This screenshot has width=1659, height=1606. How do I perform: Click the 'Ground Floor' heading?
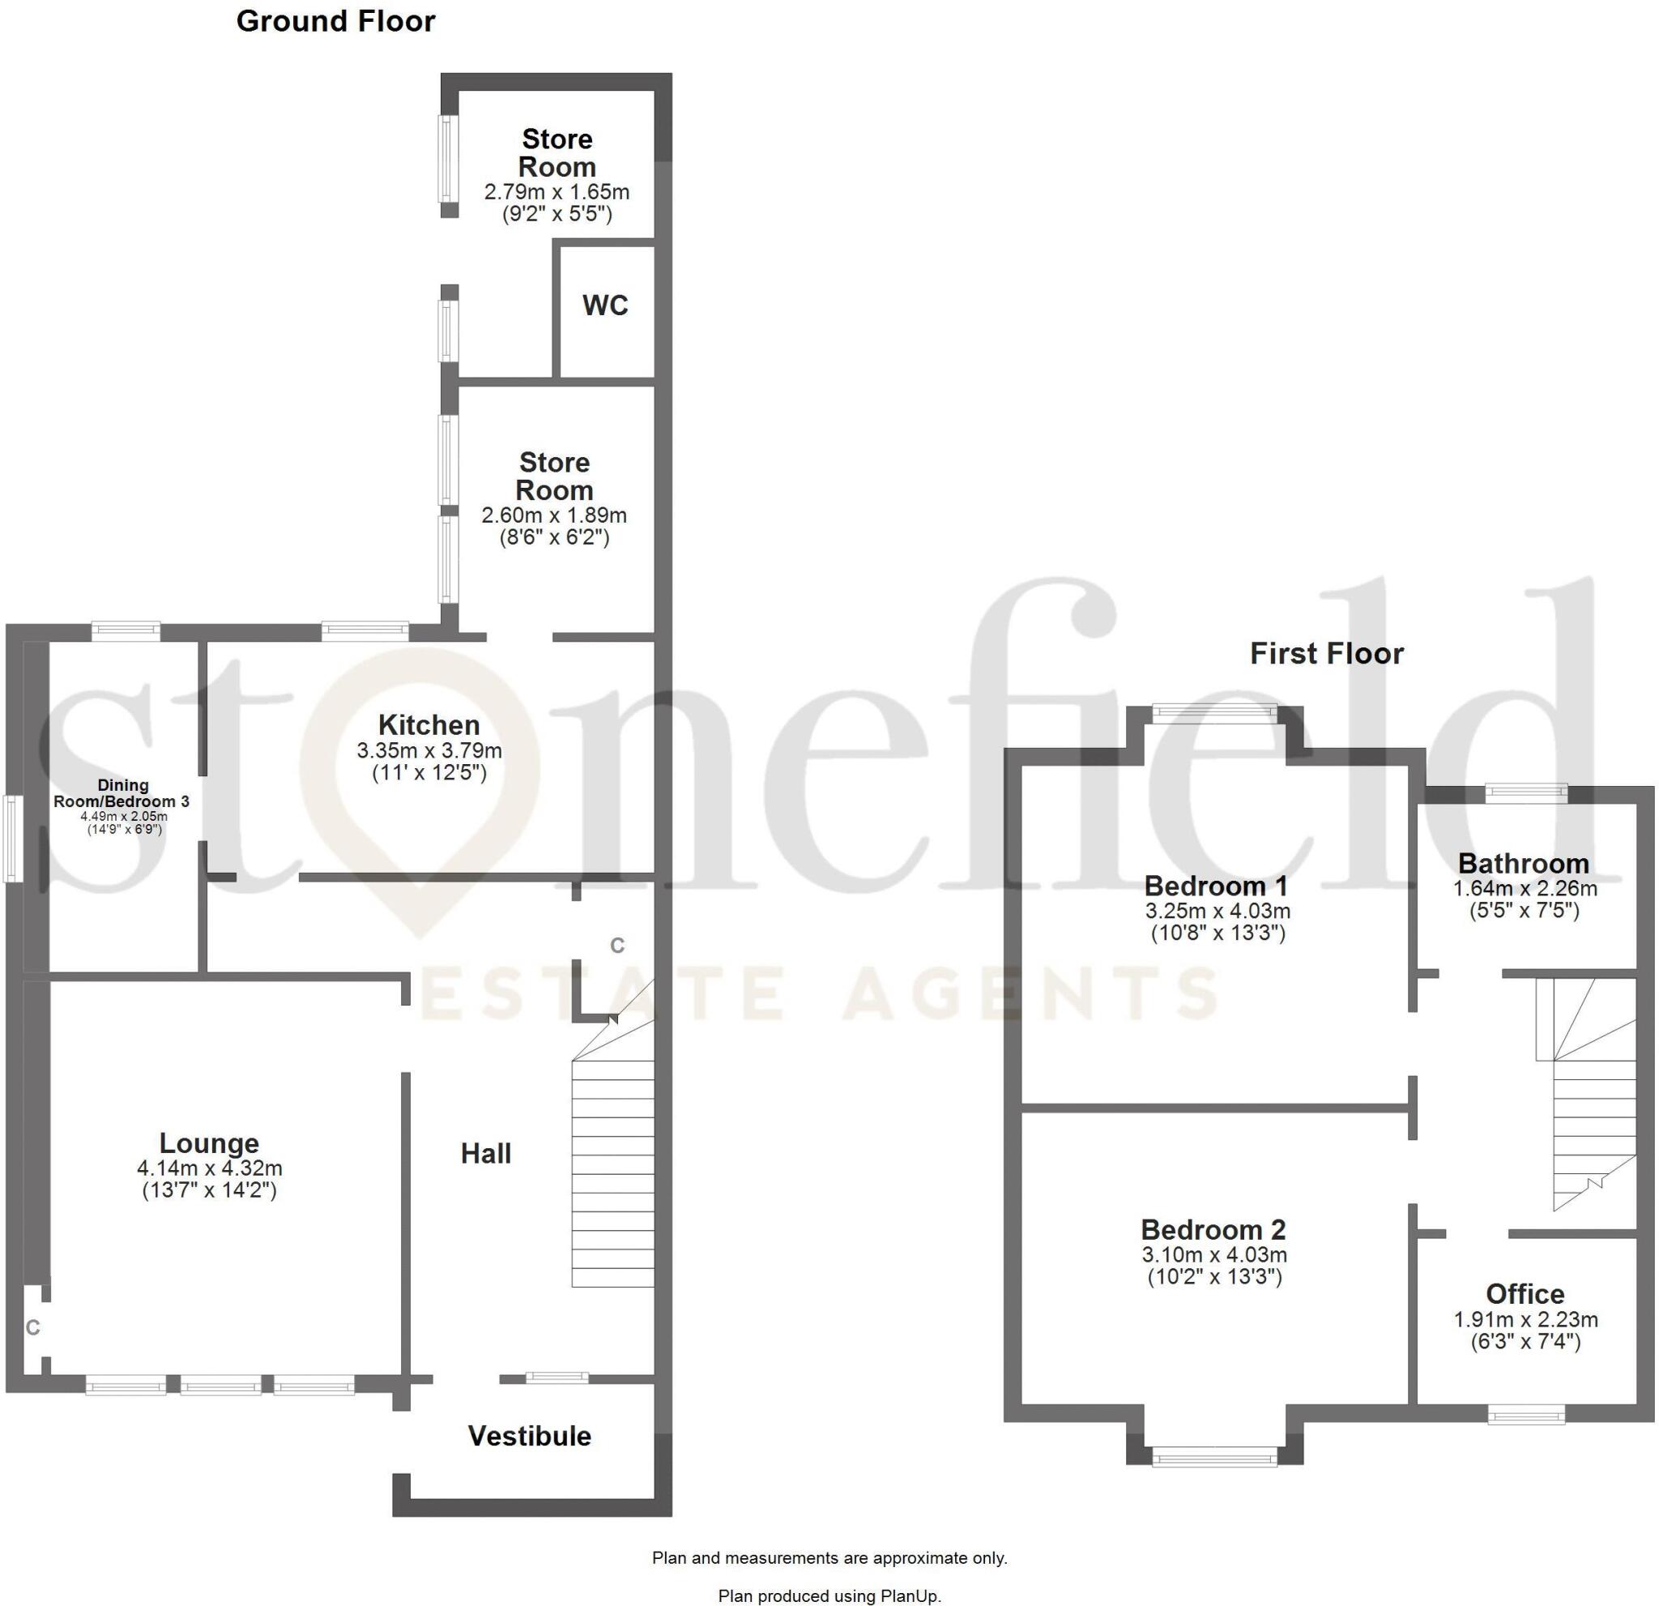point(335,21)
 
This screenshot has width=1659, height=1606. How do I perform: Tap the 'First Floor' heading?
point(1326,654)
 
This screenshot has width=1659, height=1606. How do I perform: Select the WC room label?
point(605,305)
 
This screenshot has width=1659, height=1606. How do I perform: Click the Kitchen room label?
point(429,724)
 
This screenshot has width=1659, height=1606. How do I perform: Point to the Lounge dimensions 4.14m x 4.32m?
point(210,1168)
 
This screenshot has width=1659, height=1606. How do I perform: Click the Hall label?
point(486,1153)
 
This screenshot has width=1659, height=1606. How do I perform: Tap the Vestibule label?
point(530,1436)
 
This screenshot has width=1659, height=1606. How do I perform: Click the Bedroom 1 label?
point(1217,886)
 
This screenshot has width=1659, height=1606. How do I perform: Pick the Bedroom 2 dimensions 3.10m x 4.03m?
point(1214,1254)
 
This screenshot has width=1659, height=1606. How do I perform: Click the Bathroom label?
point(1524,864)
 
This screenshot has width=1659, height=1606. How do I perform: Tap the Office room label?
point(1525,1293)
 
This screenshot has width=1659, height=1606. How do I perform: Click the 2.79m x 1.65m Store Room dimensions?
point(557,192)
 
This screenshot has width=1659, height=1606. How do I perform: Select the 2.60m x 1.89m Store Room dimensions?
point(554,515)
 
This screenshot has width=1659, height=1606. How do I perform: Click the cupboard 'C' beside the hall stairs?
point(618,946)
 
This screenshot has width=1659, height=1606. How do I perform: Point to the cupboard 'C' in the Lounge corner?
point(33,1327)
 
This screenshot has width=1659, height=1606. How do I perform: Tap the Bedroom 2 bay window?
point(1214,1456)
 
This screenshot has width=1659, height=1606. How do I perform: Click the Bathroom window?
point(1527,792)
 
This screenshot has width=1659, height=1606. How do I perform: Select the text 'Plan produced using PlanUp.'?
point(829,1595)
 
